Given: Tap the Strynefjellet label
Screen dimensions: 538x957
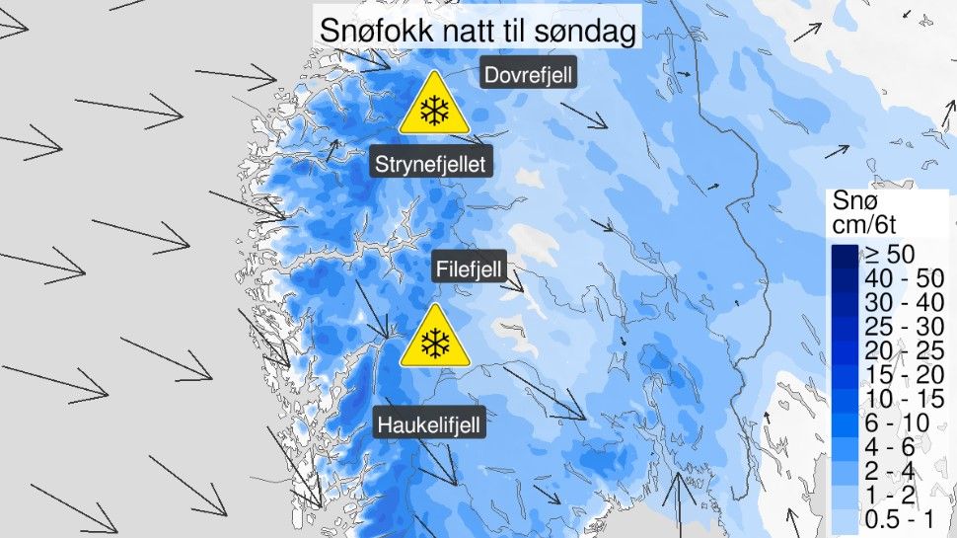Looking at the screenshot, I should click(x=430, y=164).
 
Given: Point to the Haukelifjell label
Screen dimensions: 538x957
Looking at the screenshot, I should click(x=430, y=425).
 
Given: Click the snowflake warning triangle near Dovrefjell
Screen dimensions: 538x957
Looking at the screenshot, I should click(x=433, y=106).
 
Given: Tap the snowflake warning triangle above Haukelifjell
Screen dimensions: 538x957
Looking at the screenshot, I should click(x=433, y=339).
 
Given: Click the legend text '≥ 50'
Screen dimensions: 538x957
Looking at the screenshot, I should click(x=888, y=255).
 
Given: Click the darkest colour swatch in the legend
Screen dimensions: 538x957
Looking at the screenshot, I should click(x=845, y=256).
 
